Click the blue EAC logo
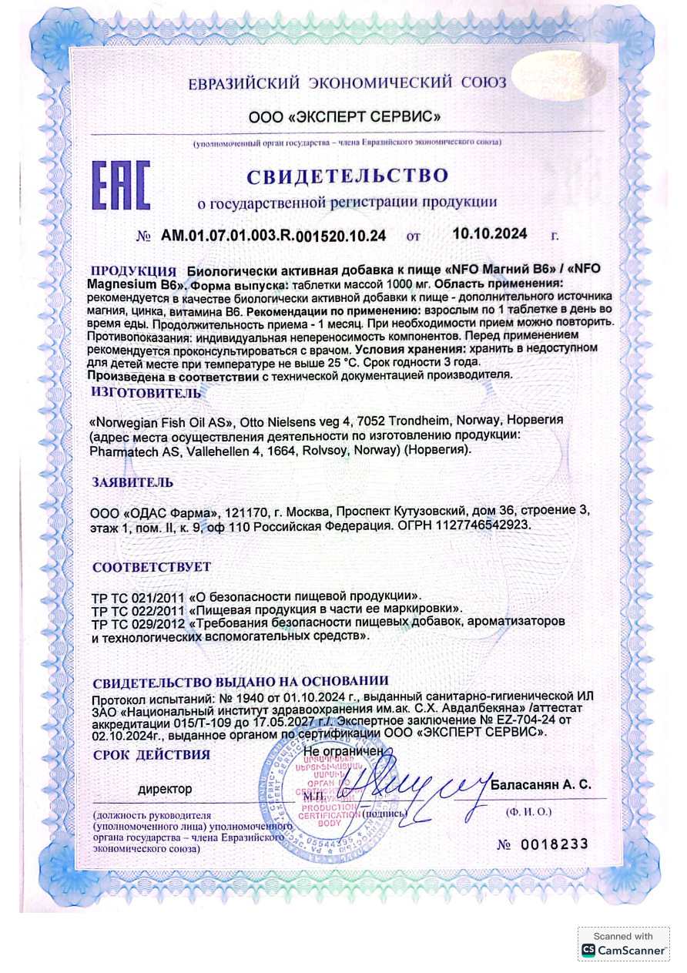pyautogui.click(x=121, y=186)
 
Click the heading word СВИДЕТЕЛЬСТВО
pyautogui.click(x=347, y=176)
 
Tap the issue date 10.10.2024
pyautogui.click(x=489, y=233)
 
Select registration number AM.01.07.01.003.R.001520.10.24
pyautogui.click(x=273, y=235)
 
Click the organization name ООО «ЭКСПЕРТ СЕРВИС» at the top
pyautogui.click(x=344, y=117)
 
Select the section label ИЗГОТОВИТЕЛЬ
pyautogui.click(x=146, y=392)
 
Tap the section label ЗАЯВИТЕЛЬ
pyautogui.click(x=132, y=482)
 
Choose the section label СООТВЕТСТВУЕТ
pyautogui.click(x=151, y=568)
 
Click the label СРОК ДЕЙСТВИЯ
pyautogui.click(x=151, y=755)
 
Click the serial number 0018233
pyautogui.click(x=555, y=844)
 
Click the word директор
pyautogui.click(x=165, y=789)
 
